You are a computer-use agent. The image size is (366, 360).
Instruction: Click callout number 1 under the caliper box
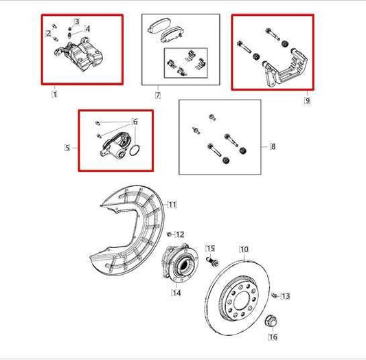click(55, 93)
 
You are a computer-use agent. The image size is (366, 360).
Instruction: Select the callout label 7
click(157, 95)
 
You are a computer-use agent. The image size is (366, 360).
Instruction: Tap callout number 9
click(307, 100)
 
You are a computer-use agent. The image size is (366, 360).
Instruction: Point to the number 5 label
click(67, 146)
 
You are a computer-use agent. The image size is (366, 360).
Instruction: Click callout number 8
click(273, 146)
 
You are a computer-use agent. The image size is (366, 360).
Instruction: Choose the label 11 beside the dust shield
click(172, 204)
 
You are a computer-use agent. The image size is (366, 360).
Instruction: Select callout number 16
click(273, 337)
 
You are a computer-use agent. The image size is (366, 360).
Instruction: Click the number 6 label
click(135, 122)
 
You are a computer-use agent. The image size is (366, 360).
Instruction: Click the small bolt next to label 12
click(168, 235)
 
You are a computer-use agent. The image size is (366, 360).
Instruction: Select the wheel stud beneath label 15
click(212, 262)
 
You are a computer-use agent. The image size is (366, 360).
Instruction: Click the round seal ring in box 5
click(137, 151)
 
